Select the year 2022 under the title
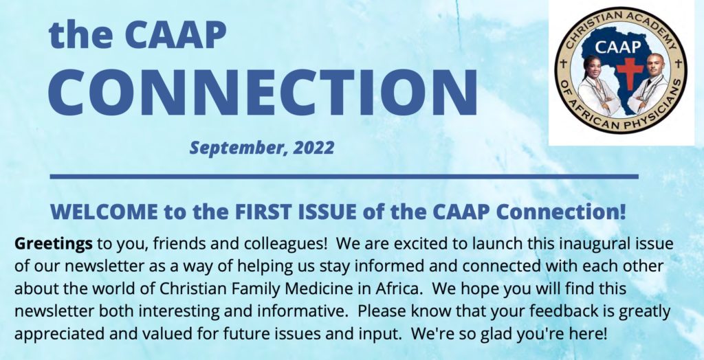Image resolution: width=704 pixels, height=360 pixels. [x=313, y=148]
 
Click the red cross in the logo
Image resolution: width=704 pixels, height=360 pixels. [x=629, y=73]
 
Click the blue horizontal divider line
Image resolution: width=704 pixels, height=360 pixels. [x=344, y=177]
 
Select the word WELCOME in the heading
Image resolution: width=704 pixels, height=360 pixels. [x=104, y=212]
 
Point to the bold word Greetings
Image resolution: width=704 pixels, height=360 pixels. [x=54, y=245]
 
